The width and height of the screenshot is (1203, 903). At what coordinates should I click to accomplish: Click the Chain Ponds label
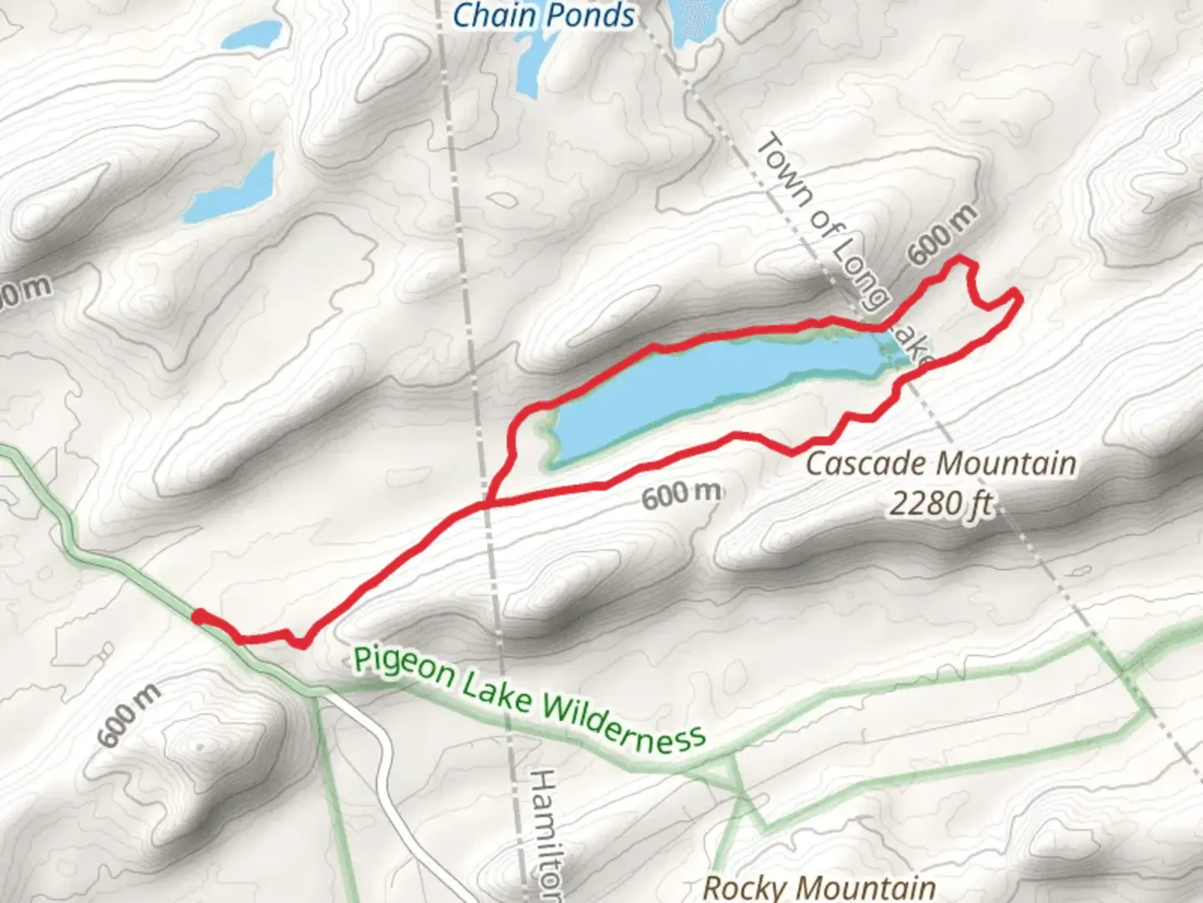pos(544,14)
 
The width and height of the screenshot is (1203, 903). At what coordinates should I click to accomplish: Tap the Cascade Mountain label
pos(940,463)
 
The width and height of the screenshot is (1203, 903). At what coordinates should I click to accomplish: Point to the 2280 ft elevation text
pos(941,503)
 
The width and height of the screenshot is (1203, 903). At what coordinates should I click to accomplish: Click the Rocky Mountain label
pos(819,886)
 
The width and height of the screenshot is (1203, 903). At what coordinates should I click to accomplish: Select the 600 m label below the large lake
pos(681,494)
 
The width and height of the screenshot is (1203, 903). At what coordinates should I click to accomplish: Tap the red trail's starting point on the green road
pos(196,616)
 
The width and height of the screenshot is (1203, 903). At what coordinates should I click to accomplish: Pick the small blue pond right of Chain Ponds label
pos(693,21)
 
